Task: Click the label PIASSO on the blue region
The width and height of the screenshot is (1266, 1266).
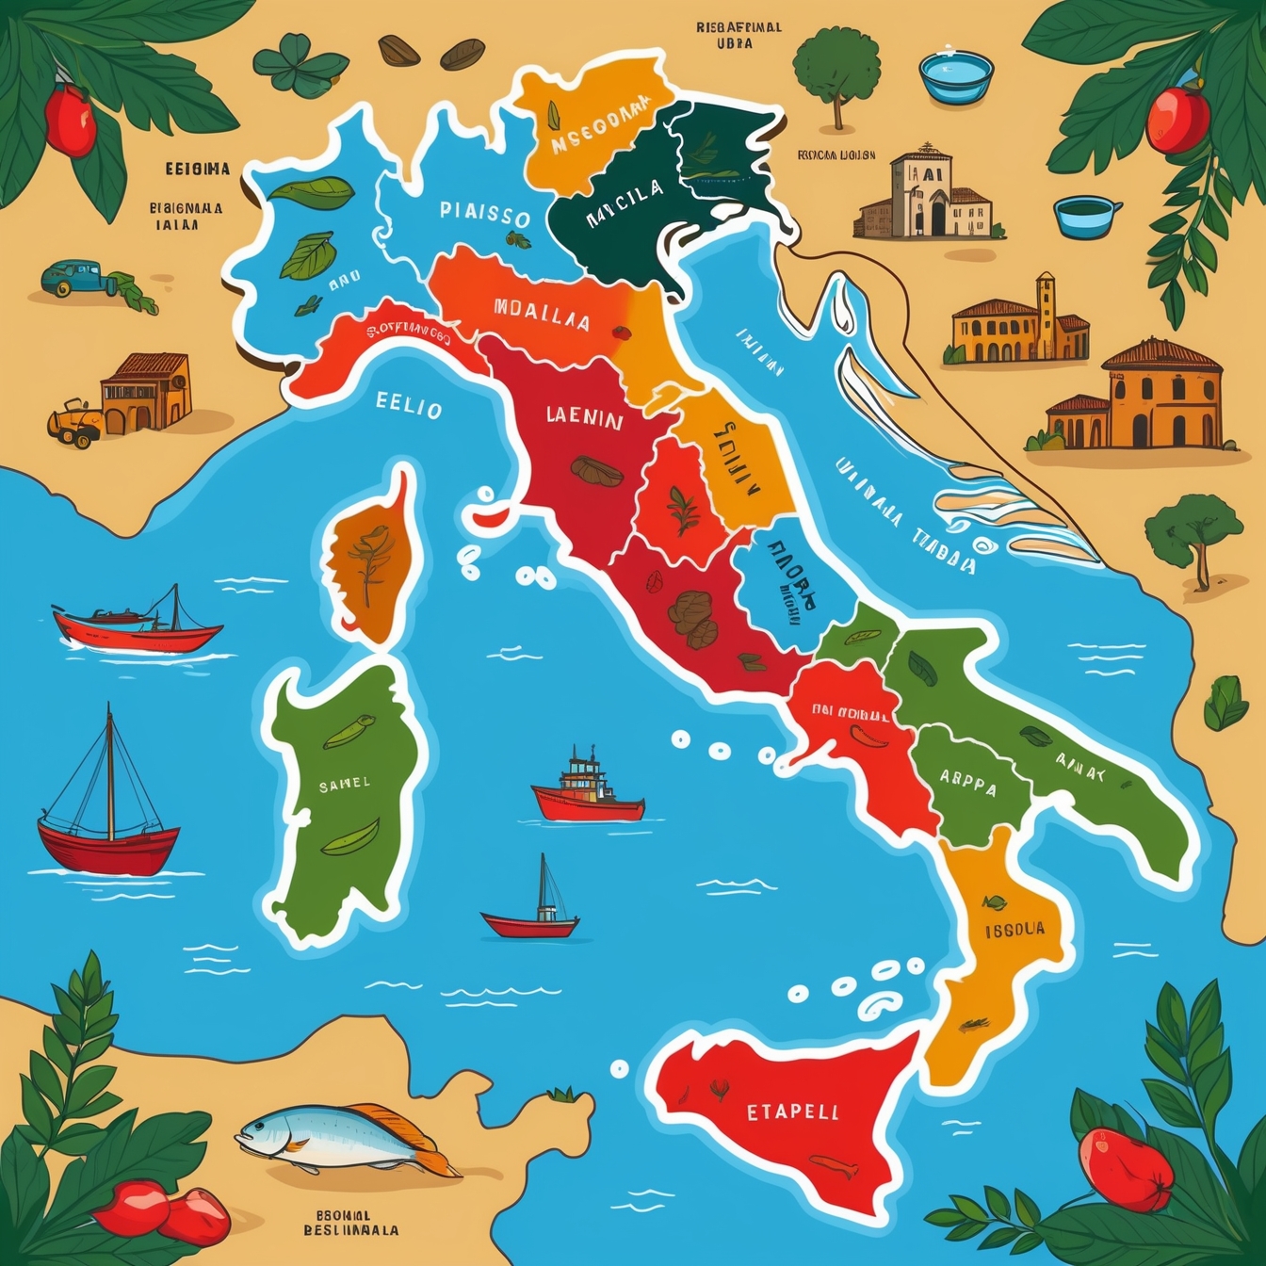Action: tap(484, 213)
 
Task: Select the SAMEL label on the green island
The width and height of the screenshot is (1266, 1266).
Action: tap(344, 784)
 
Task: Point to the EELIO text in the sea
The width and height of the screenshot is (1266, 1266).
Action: tap(409, 407)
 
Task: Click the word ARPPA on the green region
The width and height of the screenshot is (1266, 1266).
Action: tap(967, 780)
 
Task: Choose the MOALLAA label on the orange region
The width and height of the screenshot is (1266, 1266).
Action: tap(542, 316)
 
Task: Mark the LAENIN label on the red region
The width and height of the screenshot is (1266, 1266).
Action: tap(584, 418)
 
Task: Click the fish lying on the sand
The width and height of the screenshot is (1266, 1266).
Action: tap(344, 1138)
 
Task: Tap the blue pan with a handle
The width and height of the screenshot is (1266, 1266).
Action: tap(1086, 216)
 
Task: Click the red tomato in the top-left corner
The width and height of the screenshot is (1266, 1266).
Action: tap(70, 120)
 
